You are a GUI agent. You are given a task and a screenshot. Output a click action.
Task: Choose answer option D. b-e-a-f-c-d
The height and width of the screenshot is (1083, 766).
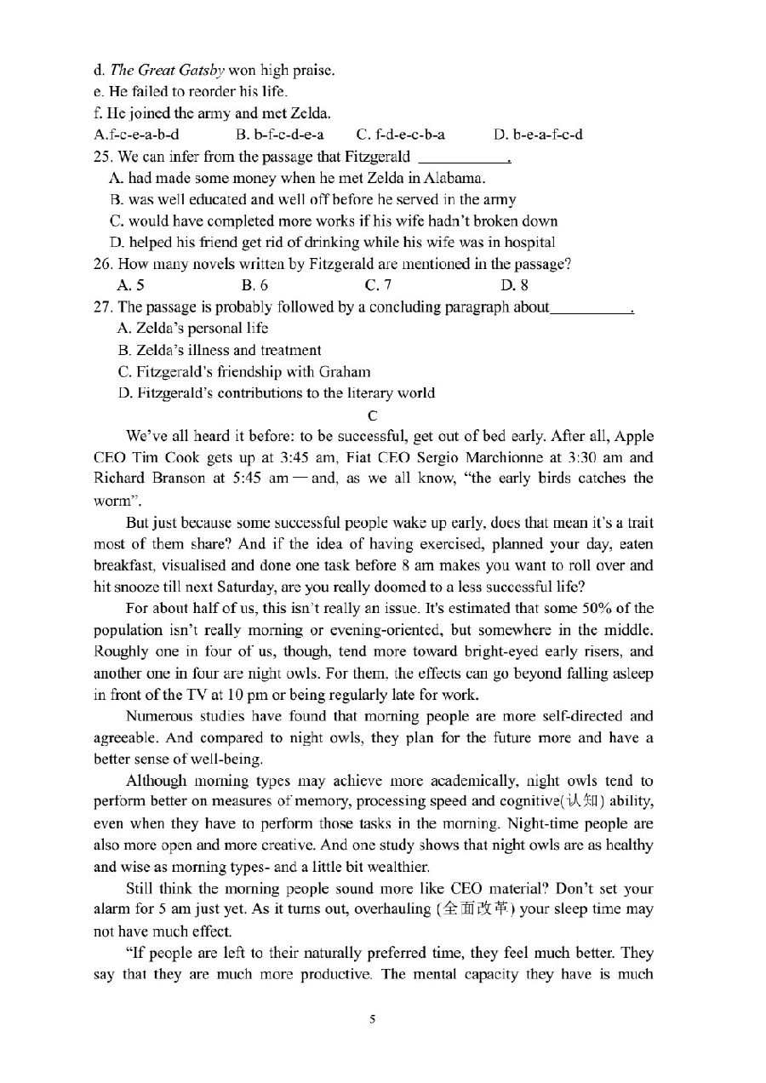(538, 135)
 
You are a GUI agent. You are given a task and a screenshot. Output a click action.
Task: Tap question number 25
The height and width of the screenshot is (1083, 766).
(103, 157)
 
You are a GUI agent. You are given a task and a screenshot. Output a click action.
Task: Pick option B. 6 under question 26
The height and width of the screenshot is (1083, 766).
(254, 285)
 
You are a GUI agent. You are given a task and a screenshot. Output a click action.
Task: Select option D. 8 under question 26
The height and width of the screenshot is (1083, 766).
(514, 285)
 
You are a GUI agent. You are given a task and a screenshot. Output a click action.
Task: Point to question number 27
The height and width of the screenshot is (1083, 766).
(103, 307)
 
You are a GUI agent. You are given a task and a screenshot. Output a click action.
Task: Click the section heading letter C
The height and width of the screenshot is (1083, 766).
(371, 415)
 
